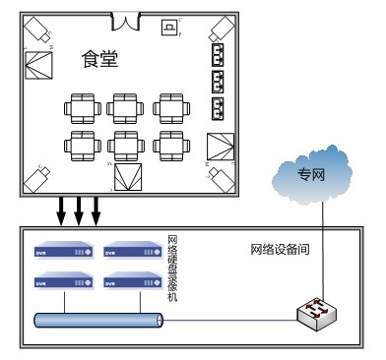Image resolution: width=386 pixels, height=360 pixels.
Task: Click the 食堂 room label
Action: coord(99,60)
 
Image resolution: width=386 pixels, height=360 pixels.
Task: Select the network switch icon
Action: coord(317,312)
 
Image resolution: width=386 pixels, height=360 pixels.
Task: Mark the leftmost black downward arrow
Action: coord(61,209)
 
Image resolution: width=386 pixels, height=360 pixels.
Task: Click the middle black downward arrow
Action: coord(78,209)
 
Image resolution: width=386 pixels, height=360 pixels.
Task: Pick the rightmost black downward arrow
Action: coord(96,209)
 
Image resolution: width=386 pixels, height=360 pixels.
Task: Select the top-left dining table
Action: coord(82,106)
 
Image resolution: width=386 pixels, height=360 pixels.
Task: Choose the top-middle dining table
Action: coord(127,106)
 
